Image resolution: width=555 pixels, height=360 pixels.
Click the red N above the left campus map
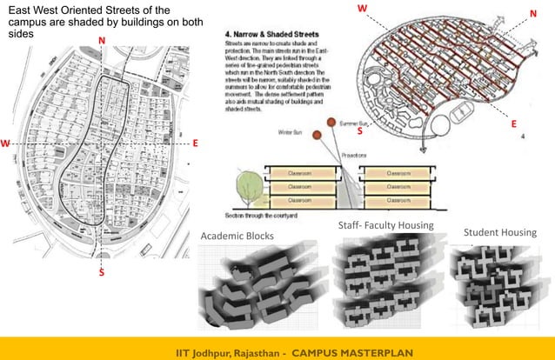click(103, 41)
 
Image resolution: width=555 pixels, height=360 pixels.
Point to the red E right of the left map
click(196, 142)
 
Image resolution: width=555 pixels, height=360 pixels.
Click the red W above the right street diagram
click(362, 8)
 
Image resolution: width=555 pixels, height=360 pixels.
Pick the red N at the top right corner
click(532, 13)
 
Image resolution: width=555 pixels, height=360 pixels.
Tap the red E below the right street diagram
click(514, 124)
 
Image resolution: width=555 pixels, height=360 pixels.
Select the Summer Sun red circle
click(331, 123)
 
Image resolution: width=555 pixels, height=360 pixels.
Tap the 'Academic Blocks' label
click(237, 237)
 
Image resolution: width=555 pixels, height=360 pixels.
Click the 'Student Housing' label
click(499, 232)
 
